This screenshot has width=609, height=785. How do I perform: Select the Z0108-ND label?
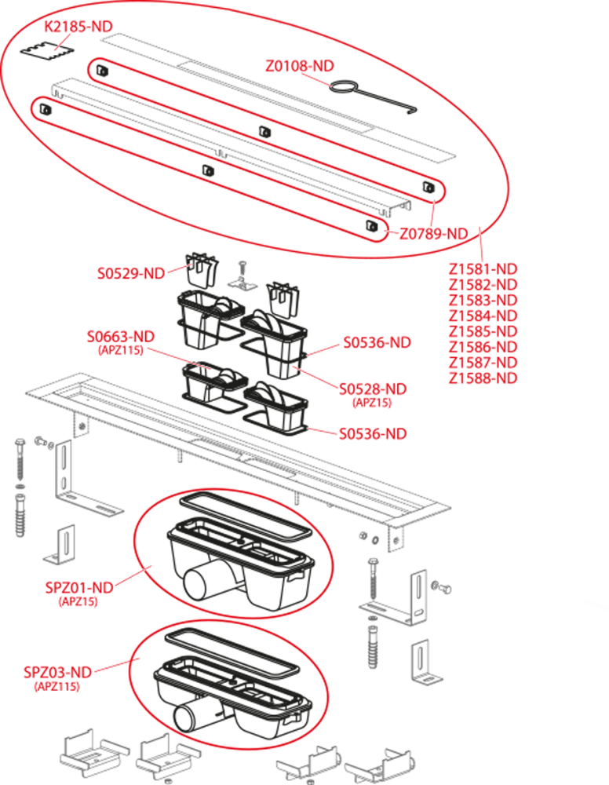click(x=299, y=66)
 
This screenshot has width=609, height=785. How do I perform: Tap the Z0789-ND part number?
click(x=434, y=233)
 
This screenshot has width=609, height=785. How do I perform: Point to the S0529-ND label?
click(x=131, y=273)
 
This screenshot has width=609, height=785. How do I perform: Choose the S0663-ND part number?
click(x=120, y=337)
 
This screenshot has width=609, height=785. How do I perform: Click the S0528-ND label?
click(x=373, y=389)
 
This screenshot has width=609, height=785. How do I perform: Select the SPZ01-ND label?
click(x=79, y=588)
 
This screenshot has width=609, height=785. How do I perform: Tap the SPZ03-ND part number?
click(x=57, y=673)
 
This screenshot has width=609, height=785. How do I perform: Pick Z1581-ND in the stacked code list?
click(x=483, y=268)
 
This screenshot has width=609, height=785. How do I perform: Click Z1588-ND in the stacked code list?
click(x=483, y=378)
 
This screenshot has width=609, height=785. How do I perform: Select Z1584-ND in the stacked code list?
click(x=483, y=316)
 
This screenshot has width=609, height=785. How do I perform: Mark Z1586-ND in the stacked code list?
click(x=483, y=347)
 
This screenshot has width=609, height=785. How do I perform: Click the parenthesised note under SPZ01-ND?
click(x=78, y=602)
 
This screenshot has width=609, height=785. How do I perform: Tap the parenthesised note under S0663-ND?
click(x=120, y=351)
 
